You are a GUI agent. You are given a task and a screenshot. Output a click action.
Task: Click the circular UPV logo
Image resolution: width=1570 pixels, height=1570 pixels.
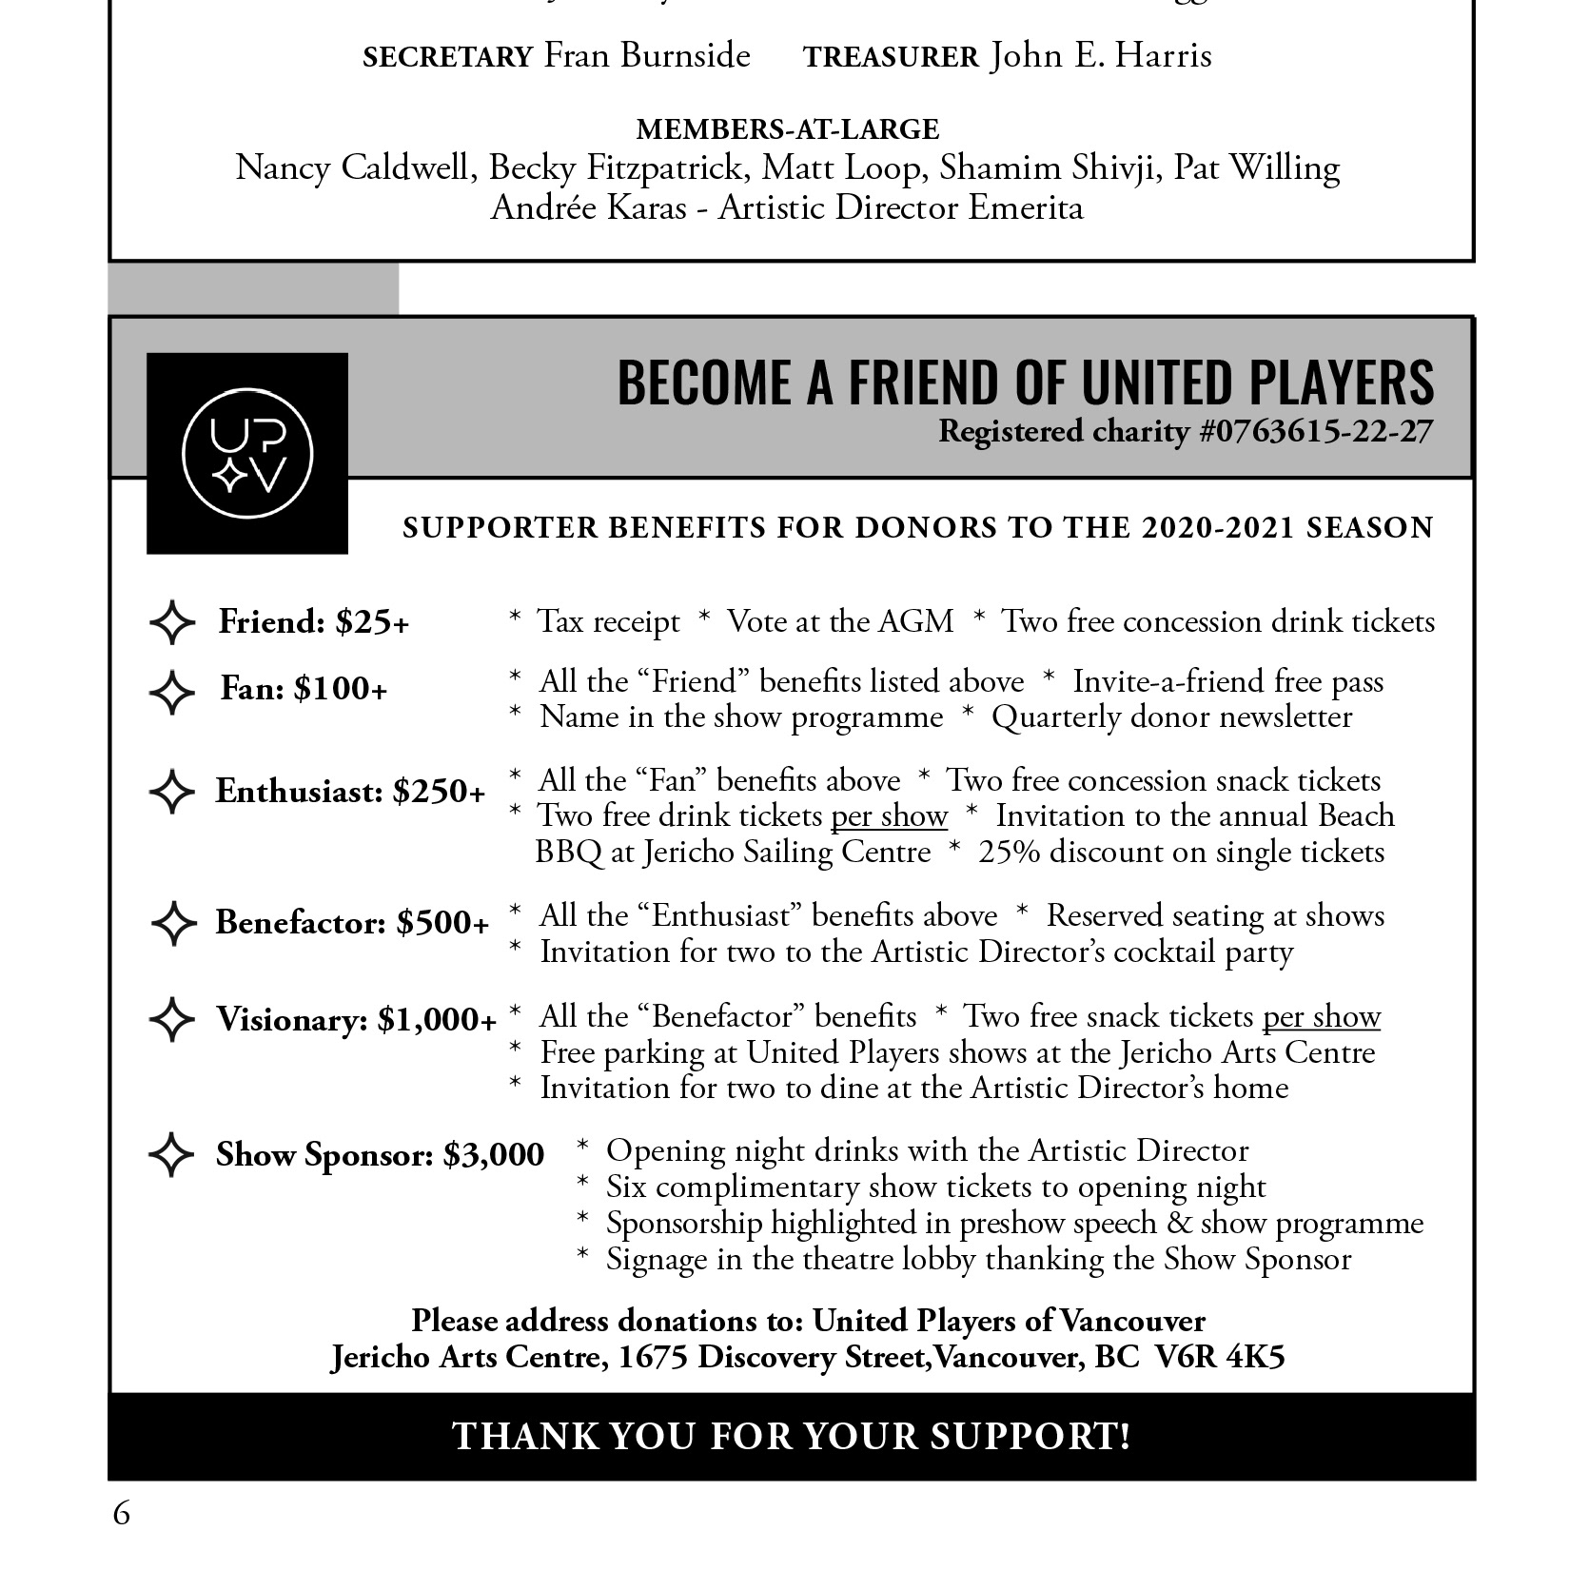point(247,453)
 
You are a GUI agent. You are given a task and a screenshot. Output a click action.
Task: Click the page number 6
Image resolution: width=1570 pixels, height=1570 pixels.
point(121,1513)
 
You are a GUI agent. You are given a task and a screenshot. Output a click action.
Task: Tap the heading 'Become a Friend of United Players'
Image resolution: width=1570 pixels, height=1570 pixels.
point(1025,383)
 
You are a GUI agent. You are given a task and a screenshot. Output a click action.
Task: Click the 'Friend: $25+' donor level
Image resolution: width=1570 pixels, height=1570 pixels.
point(313,622)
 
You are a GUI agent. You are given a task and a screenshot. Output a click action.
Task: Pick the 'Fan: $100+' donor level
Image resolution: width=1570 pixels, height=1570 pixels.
point(304,689)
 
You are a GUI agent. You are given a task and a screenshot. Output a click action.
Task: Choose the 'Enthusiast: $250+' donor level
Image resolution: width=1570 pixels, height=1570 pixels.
point(349,792)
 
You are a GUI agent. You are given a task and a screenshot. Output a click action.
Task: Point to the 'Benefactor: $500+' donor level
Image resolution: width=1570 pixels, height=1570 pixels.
point(351,923)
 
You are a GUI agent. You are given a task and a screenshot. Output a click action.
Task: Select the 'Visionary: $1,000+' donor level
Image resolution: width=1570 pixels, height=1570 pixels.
point(356,1020)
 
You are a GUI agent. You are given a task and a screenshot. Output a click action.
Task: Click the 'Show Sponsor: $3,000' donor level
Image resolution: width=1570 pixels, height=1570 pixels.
point(380,1155)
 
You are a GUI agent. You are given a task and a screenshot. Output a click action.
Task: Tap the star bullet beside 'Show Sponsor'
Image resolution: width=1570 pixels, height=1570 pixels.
point(171,1154)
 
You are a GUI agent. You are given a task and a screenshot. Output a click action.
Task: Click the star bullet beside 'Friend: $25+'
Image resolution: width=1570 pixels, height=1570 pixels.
point(172,622)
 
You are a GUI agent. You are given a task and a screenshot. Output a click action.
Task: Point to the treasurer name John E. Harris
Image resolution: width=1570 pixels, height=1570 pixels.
point(1101,55)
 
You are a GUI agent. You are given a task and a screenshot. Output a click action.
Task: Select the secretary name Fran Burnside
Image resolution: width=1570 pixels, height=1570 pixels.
point(647,55)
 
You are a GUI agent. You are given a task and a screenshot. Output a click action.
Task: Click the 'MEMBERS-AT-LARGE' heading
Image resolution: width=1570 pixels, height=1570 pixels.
point(787,129)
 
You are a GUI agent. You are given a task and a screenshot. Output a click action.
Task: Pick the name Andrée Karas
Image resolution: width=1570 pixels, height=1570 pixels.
point(588,207)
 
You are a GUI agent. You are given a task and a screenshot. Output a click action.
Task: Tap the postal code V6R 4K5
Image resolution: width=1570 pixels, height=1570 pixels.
point(1219,1357)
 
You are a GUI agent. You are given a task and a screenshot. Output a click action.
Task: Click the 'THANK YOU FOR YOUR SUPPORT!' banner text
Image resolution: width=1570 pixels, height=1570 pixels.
point(792,1436)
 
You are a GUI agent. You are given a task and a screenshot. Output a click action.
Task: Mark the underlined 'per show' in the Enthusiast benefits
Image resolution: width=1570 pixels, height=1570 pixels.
point(889,816)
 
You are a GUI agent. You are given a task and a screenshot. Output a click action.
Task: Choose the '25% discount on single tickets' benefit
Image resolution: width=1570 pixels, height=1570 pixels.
point(1181,852)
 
